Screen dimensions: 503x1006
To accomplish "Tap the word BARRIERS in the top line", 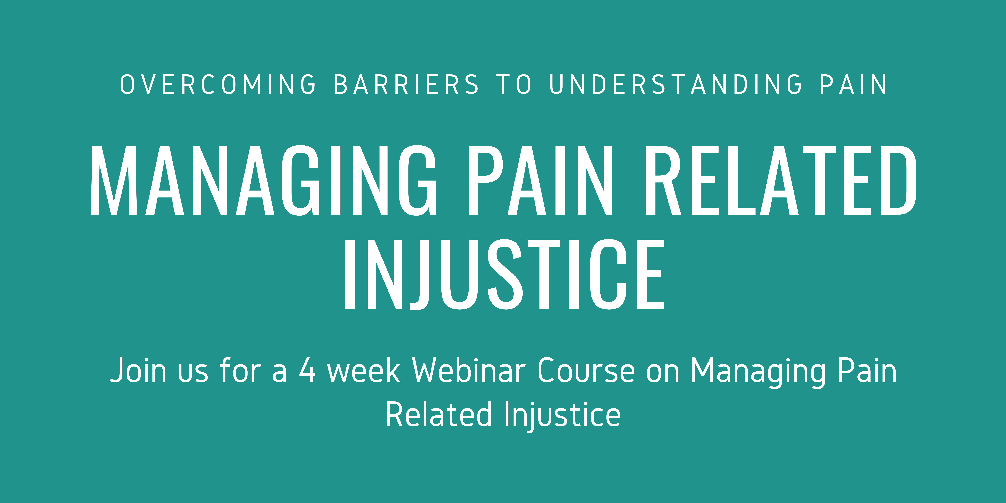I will pos(406,84).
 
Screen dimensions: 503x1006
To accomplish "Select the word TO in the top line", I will pos(514,84).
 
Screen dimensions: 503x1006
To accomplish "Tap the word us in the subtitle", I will pos(193,371).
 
